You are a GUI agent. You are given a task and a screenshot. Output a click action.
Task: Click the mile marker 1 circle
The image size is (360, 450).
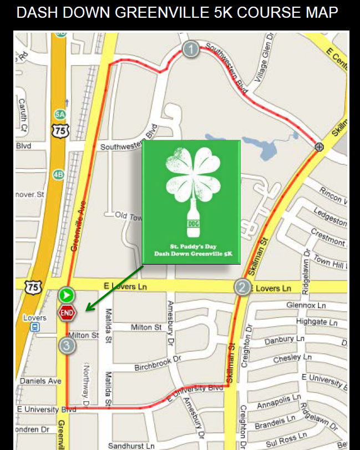coord(191,49)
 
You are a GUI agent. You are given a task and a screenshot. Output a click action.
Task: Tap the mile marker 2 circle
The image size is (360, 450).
coord(242,287)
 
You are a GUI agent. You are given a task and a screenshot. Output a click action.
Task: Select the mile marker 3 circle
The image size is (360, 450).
coord(67,345)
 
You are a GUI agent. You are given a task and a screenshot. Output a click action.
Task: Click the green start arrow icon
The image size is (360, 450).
coord(67,295)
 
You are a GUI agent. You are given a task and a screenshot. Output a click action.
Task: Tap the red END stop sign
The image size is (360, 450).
coord(67,313)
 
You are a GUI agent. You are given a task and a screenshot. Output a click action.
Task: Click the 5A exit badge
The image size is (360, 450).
coord(60,115)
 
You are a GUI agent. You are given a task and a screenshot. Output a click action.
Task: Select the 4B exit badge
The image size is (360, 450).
coord(58,174)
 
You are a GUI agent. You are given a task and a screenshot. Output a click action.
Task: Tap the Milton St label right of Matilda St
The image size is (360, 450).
coord(146,327)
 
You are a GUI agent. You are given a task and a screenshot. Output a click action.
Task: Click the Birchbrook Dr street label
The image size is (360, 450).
coord(158,363)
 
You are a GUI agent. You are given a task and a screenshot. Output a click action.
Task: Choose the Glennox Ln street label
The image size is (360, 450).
coord(306,306)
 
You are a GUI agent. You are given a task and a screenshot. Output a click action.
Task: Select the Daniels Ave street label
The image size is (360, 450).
coord(40,381)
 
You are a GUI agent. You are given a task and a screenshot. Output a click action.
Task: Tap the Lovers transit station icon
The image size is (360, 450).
coord(35,327)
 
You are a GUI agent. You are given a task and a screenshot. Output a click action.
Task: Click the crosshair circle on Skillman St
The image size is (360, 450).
coord(319,147)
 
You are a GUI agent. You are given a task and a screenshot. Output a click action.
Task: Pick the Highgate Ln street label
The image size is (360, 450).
coord(317,322)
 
